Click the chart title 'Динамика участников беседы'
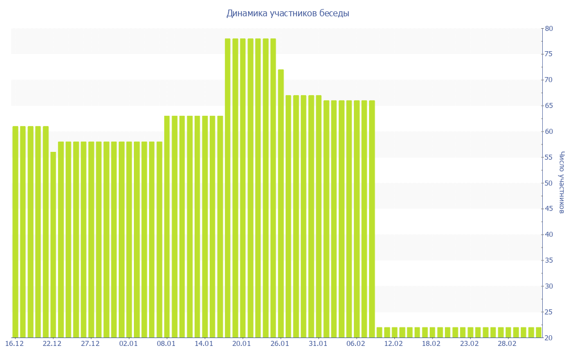[x=287, y=13]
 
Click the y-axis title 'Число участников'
[x=561, y=183]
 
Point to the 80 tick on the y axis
[x=548, y=29]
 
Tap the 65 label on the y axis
[x=548, y=106]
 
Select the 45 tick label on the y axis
[x=548, y=209]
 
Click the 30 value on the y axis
[x=548, y=286]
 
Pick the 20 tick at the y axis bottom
[x=548, y=337]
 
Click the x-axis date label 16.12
[x=14, y=344]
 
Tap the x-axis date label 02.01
[x=128, y=344]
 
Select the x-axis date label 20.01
[x=242, y=344]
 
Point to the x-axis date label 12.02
[x=394, y=344]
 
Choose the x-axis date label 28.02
[x=507, y=344]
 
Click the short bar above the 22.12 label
[x=53, y=245]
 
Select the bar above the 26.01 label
[x=281, y=202]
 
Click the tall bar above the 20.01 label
[x=243, y=188]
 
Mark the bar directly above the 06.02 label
[x=357, y=219]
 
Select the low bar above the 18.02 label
[x=433, y=332]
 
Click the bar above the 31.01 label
[x=318, y=216]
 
